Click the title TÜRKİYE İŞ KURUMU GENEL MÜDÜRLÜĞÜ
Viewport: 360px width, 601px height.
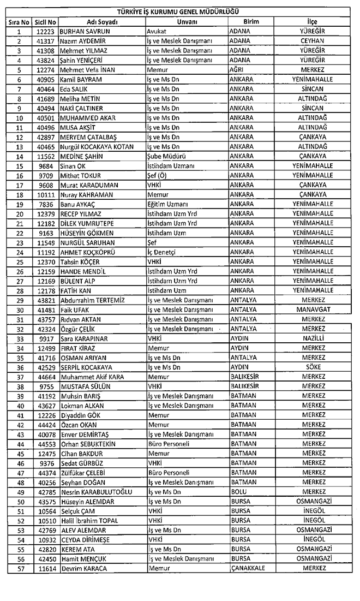coord(181,11)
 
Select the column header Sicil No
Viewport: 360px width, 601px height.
coord(46,22)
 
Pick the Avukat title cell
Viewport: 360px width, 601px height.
coord(158,31)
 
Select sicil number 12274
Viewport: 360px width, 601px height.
coord(46,70)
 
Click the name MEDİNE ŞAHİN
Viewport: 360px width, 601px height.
coord(81,156)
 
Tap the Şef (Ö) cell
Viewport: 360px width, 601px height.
coord(159,175)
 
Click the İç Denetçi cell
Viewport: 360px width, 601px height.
coord(162,252)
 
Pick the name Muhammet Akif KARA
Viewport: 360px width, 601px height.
coord(93,376)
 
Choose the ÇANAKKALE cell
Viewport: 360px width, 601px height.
coord(248,568)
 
